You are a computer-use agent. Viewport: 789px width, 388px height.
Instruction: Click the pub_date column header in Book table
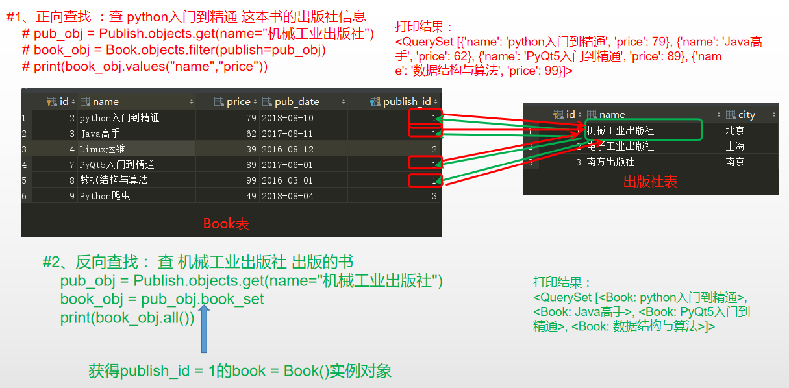point(297,101)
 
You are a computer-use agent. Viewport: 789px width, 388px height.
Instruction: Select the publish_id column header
point(407,101)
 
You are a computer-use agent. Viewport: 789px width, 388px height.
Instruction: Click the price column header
point(238,101)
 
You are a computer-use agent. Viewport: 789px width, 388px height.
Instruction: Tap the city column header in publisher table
point(747,114)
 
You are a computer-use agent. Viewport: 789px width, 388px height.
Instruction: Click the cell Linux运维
point(102,149)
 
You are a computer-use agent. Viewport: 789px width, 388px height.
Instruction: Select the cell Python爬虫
point(105,195)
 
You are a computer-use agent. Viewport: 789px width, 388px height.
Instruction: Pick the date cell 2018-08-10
point(287,118)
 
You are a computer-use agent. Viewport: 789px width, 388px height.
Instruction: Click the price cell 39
point(251,149)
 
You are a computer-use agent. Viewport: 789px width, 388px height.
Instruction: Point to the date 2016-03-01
point(287,180)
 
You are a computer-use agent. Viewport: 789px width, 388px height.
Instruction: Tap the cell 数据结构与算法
point(114,180)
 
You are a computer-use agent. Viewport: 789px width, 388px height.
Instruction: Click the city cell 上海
point(735,146)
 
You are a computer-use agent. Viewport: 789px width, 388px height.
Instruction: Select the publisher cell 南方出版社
point(610,162)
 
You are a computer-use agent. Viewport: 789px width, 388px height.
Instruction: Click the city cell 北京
point(735,130)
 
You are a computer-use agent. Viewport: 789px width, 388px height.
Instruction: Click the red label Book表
point(226,224)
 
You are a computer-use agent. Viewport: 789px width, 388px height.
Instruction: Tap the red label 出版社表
point(650,182)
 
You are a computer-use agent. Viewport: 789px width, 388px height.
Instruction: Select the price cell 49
point(251,195)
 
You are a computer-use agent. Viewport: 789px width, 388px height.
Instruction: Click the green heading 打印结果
point(561,282)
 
